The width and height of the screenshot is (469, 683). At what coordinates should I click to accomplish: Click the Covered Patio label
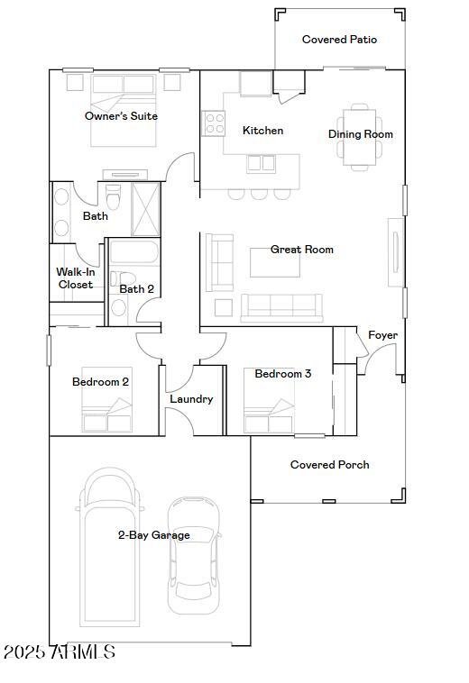(x=339, y=40)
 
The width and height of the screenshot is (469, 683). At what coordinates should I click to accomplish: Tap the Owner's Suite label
(x=121, y=116)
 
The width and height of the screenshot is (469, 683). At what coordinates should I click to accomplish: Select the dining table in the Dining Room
(x=360, y=135)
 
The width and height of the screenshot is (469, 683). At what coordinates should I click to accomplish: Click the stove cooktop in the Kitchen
(x=214, y=123)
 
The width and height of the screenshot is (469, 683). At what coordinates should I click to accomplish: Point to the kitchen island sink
(x=262, y=163)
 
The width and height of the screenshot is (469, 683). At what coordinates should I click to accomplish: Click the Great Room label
(x=302, y=250)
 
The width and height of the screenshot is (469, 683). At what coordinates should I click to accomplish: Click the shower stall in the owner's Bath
(x=145, y=209)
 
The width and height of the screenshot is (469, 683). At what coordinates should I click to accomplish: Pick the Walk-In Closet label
(x=76, y=278)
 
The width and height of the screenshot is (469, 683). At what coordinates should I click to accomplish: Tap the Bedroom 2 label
(x=100, y=382)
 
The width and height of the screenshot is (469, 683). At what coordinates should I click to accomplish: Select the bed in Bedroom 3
(x=268, y=411)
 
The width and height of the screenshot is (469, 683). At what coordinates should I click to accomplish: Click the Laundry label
(x=191, y=399)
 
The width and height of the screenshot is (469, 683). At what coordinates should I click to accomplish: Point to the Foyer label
(x=382, y=335)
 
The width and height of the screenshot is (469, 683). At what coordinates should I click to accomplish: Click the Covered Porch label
(x=329, y=465)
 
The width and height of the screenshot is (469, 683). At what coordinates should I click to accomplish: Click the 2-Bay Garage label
(x=153, y=535)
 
